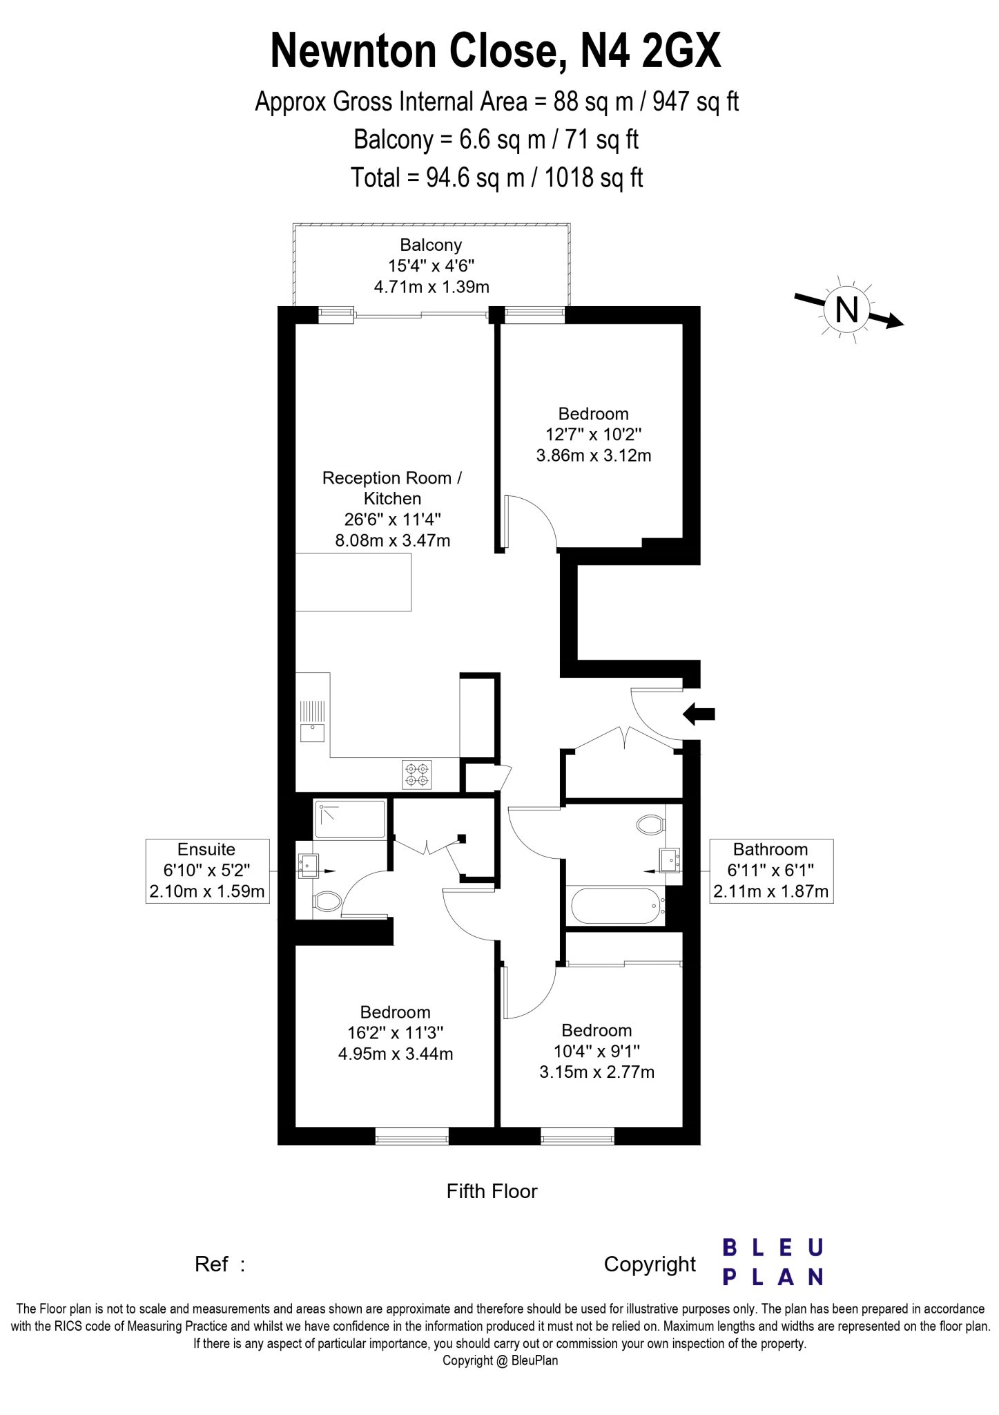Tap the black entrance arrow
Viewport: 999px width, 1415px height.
pos(699,714)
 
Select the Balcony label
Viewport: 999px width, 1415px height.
pos(431,245)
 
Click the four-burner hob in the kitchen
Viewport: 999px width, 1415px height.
pos(417,774)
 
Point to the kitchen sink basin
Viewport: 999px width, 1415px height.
pos(313,731)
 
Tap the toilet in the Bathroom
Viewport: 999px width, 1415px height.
pos(651,825)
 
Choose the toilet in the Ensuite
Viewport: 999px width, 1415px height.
pos(328,901)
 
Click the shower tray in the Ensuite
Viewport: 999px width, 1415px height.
pos(349,819)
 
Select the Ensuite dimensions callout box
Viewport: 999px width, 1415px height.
pos(207,871)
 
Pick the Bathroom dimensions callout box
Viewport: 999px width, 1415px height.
pos(771,871)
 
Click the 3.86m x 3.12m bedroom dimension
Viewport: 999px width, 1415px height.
pos(594,455)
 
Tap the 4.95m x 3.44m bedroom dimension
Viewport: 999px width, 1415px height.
pos(396,1054)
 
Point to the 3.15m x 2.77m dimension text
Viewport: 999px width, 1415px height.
pos(597,1072)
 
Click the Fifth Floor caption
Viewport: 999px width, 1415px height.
pos(492,1191)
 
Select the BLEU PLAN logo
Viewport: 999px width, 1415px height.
pos(773,1262)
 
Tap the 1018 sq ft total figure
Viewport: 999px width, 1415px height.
pos(594,178)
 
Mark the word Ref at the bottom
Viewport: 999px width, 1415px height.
pos(211,1264)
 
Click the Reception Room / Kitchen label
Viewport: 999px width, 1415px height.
pos(392,488)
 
